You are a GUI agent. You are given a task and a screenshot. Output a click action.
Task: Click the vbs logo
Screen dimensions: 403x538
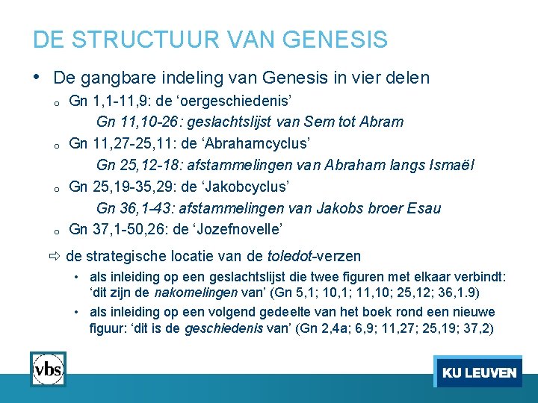[x=48, y=369]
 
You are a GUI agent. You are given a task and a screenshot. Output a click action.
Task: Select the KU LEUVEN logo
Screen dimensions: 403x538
[x=478, y=372]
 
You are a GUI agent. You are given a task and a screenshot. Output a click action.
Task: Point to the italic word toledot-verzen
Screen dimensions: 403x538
[x=314, y=257]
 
